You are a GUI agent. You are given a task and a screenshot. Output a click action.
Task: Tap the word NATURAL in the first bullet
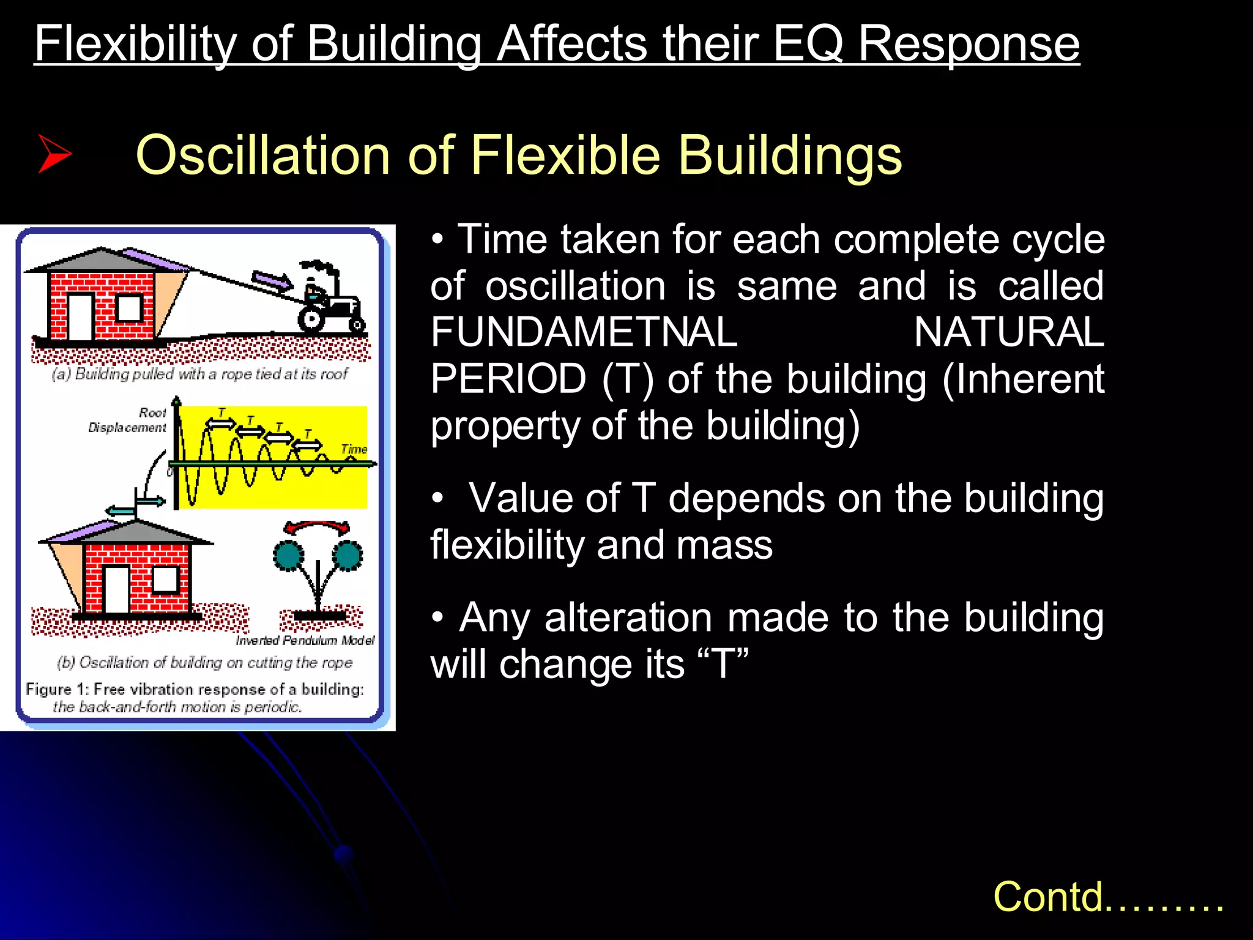(1008, 332)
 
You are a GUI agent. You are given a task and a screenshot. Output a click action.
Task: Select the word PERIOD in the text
(508, 379)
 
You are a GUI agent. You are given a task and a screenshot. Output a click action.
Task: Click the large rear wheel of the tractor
(311, 319)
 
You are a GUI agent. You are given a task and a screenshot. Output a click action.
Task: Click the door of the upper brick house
(81, 316)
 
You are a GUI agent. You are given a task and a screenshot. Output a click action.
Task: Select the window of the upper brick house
(129, 308)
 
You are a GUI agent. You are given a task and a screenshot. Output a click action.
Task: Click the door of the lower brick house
(117, 589)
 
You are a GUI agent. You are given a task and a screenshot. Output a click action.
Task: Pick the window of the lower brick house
(165, 579)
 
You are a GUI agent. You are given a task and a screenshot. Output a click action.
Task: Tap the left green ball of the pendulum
(288, 555)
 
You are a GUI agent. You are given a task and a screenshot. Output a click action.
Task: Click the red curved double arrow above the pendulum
(316, 527)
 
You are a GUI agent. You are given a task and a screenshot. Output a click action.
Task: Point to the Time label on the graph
(354, 449)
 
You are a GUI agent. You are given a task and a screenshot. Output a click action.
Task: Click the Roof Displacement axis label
(128, 420)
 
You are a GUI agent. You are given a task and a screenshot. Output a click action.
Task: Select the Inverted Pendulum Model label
(305, 640)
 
